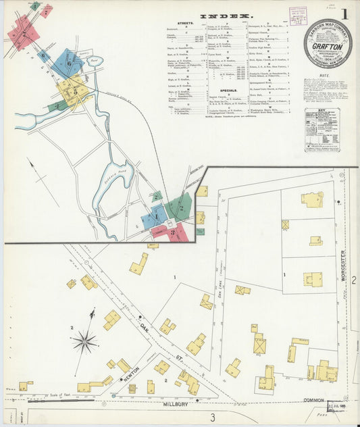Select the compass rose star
[84, 341]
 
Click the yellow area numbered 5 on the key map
[74, 89]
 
